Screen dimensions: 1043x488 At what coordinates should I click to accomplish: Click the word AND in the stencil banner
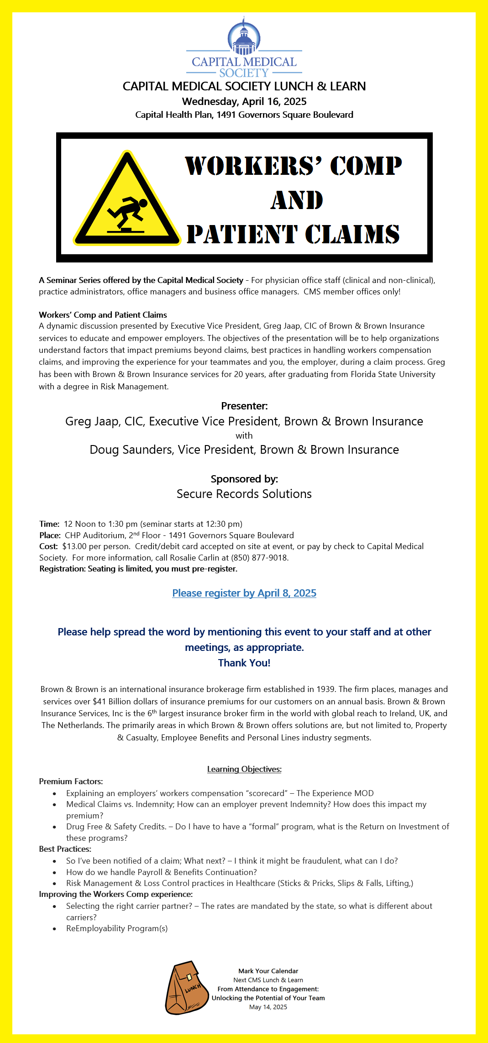(297, 200)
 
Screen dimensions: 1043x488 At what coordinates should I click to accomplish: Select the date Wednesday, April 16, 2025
(244, 101)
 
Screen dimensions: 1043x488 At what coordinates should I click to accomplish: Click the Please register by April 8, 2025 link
(244, 593)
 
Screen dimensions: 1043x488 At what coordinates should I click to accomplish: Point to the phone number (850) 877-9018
(259, 558)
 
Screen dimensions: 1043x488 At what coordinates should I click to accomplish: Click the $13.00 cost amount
(74, 546)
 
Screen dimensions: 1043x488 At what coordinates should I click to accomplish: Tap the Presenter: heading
(244, 406)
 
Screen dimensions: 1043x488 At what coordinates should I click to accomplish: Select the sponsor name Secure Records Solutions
(244, 494)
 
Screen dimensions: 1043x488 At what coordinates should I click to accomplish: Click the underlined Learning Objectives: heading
(244, 769)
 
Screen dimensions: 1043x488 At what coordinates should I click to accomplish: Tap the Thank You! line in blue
(244, 663)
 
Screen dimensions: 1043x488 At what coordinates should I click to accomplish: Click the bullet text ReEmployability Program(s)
(117, 928)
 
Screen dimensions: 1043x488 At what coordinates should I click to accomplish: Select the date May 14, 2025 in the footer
(268, 1007)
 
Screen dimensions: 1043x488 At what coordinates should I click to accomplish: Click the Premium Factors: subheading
(71, 781)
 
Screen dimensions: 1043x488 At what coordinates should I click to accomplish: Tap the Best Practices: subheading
(65, 849)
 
